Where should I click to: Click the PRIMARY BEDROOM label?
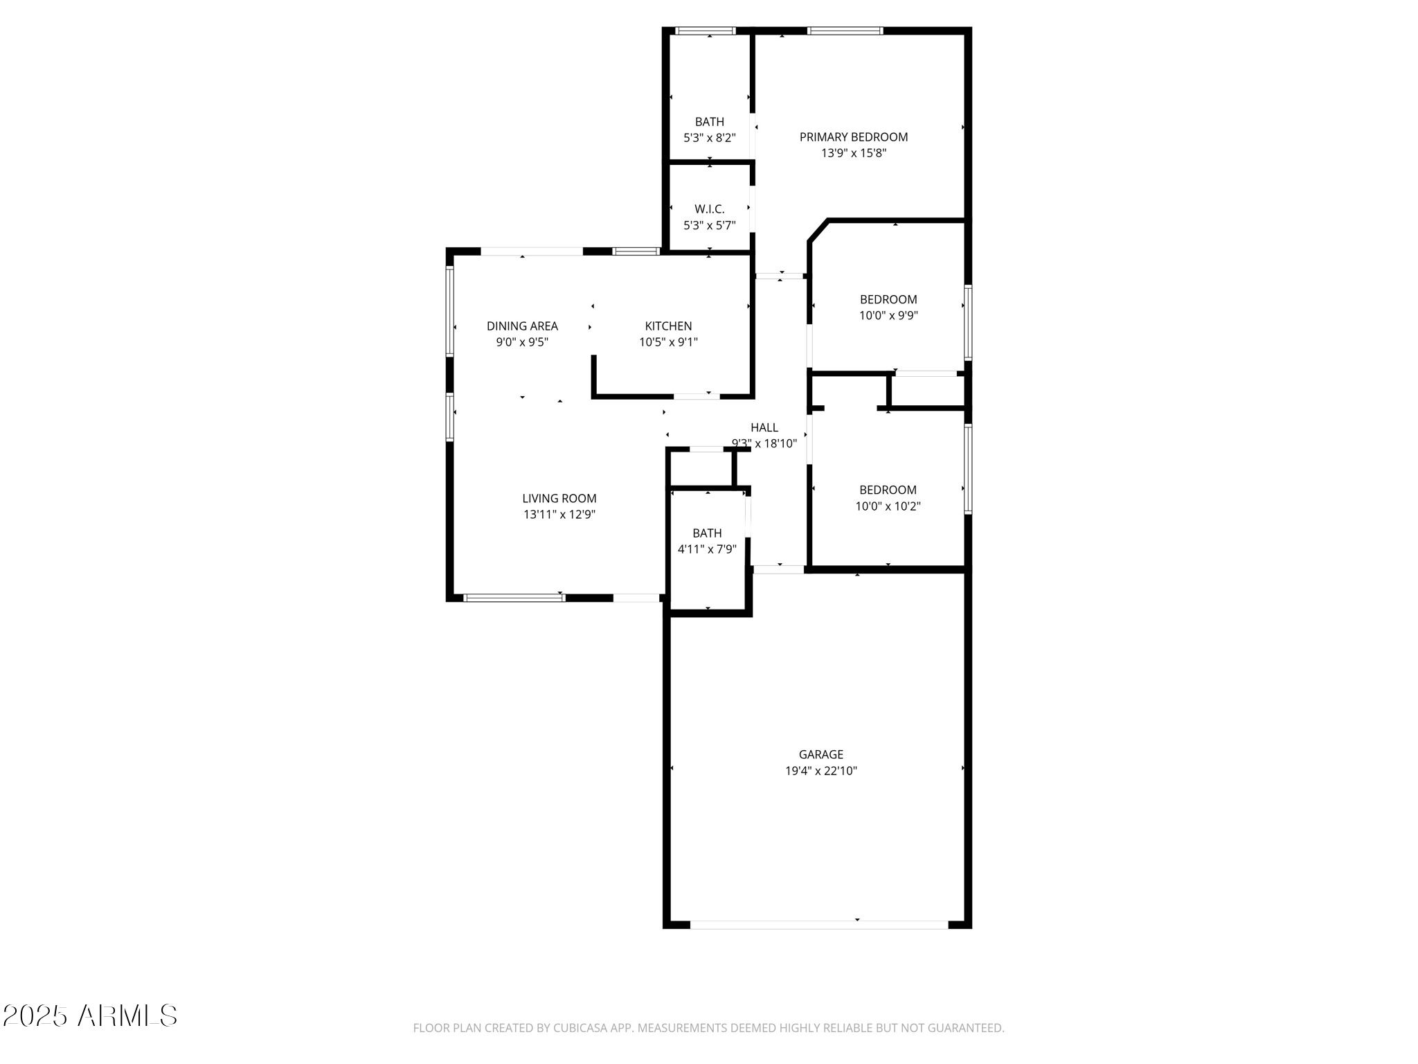[x=853, y=137]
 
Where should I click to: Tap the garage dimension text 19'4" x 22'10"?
[x=820, y=771]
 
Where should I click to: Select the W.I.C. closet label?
[x=709, y=209]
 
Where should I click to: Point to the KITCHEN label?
[x=668, y=326]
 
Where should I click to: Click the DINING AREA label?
[x=522, y=326]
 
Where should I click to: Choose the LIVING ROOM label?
[x=559, y=499]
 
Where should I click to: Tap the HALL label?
[x=764, y=428]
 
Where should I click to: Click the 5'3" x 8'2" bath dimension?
[x=709, y=138]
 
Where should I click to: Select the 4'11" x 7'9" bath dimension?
[x=706, y=549]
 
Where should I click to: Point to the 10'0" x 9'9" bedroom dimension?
[x=888, y=316]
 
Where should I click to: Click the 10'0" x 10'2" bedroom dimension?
[x=888, y=506]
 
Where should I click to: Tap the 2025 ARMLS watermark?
[x=90, y=1016]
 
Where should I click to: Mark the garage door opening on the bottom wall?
[x=818, y=925]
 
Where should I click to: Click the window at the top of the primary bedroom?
[x=845, y=30]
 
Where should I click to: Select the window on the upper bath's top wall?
[x=705, y=30]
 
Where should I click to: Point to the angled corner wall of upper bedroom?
[x=818, y=231]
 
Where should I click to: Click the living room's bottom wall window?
[x=514, y=598]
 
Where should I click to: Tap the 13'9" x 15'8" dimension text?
[x=853, y=154]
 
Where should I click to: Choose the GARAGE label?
[x=820, y=754]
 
